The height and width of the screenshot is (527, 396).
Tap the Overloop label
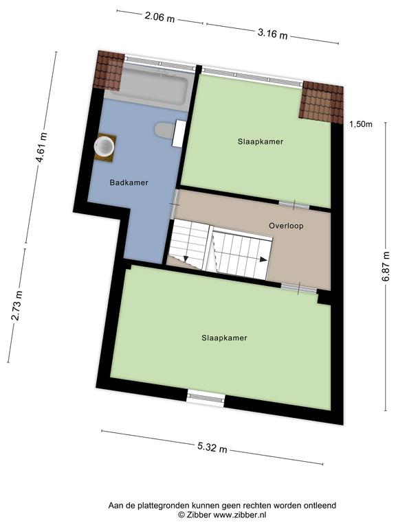click(286, 226)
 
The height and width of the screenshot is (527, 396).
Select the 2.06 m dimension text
click(159, 17)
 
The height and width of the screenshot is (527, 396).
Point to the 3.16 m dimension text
click(272, 34)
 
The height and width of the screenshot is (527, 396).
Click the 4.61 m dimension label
click(42, 148)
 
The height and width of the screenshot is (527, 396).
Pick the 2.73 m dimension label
click(16, 306)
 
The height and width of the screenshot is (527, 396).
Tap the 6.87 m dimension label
click(386, 266)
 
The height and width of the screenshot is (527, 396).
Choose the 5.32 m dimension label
click(212, 447)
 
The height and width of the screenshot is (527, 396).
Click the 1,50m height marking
click(361, 124)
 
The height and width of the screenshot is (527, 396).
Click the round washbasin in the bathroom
click(104, 147)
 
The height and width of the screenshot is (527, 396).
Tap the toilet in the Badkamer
click(169, 132)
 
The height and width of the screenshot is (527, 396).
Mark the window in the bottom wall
click(206, 398)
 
